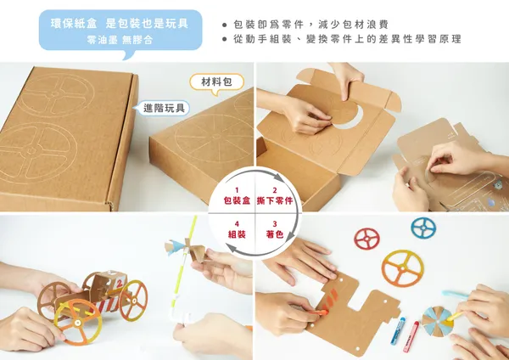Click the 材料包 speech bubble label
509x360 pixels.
pyautogui.click(x=217, y=82)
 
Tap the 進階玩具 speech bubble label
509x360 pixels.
pyautogui.click(x=162, y=108)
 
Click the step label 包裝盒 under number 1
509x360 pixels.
pyautogui.click(x=237, y=200)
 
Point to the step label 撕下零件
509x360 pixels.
pyautogui.click(x=275, y=200)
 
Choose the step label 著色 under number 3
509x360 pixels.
pyautogui.click(x=275, y=234)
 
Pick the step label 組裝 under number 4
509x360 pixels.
pyautogui.click(x=237, y=234)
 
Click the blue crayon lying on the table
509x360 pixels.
pyautogui.click(x=399, y=330)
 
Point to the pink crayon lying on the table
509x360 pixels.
pyautogui.click(x=411, y=336)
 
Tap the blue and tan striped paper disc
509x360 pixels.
pyautogui.click(x=437, y=321)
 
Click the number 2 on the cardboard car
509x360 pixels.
pyautogui.click(x=120, y=284)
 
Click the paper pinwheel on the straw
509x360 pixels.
pyautogui.click(x=186, y=250)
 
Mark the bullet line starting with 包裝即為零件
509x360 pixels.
pyautogui.click(x=305, y=25)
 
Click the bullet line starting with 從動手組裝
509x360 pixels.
pyautogui.click(x=342, y=39)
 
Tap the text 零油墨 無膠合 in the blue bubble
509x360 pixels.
pyautogui.click(x=120, y=40)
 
